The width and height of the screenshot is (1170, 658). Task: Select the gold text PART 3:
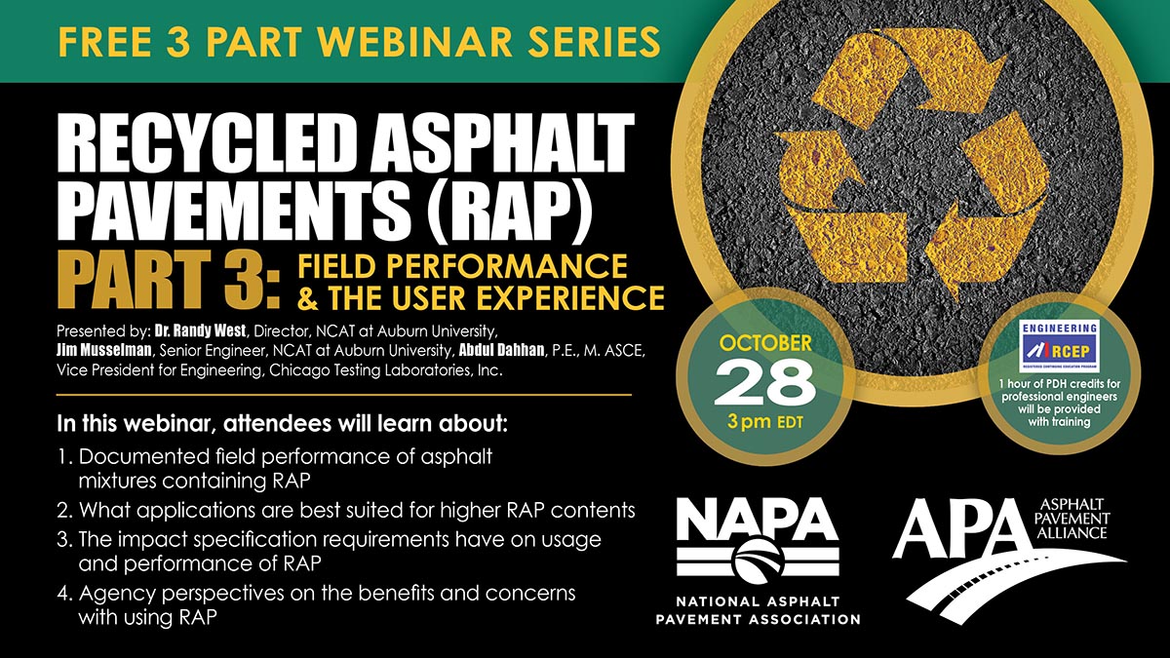[173, 281]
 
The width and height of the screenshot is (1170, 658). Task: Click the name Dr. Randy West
[200, 331]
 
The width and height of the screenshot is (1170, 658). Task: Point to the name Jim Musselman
[104, 350]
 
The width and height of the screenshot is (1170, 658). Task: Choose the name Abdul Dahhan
[502, 350]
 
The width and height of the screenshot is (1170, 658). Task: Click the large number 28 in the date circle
[764, 384]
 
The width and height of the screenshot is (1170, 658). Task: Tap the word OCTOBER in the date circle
[765, 343]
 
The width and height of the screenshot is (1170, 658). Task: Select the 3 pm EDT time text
[764, 422]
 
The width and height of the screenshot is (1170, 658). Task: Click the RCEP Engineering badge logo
[1060, 346]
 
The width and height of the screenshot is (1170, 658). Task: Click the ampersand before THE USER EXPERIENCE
[308, 298]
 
